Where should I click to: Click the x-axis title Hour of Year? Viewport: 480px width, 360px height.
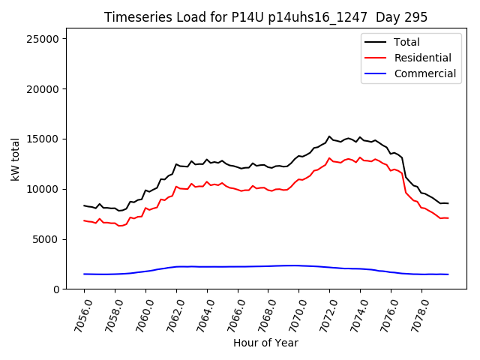click(265, 343)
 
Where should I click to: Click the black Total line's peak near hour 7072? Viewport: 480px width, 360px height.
click(329, 136)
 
